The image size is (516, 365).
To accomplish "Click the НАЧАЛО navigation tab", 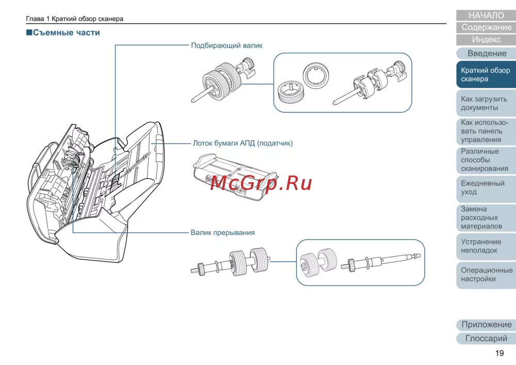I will [486, 15].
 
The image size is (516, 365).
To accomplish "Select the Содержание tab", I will [486, 27].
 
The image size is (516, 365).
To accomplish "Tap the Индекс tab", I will [486, 39].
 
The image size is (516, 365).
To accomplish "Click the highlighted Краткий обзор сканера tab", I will [486, 75].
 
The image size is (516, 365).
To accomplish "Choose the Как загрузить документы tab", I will [486, 103].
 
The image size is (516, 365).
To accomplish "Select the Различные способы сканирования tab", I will [486, 160].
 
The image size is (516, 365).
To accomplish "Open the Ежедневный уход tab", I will [486, 187].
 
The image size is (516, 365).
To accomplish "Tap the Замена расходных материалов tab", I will [486, 218].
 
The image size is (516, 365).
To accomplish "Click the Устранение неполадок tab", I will [486, 246].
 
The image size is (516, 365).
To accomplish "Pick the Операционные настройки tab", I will [486, 275].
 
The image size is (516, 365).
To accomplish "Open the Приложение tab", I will [486, 325].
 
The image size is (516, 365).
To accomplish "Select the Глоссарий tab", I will [486, 339].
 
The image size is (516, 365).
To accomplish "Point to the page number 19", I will [499, 353].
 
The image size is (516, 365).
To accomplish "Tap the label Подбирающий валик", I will [227, 45].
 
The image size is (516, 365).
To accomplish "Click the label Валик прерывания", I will [222, 232].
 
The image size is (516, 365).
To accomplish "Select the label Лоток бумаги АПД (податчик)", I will [243, 143].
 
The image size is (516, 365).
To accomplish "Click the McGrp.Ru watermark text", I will [262, 182].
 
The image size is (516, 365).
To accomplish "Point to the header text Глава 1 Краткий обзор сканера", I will [75, 19].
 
